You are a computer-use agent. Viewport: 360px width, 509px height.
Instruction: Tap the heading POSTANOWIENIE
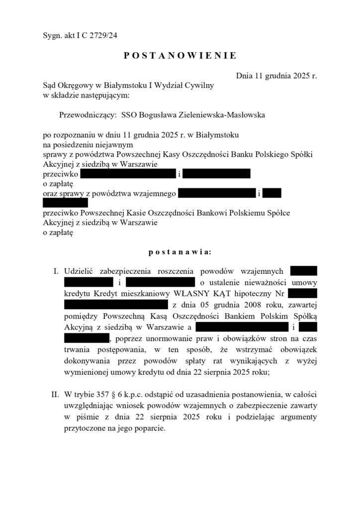click(x=180, y=56)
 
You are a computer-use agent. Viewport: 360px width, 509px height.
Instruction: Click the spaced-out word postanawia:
click(x=180, y=252)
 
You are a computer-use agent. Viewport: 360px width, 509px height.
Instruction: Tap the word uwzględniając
click(x=88, y=406)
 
